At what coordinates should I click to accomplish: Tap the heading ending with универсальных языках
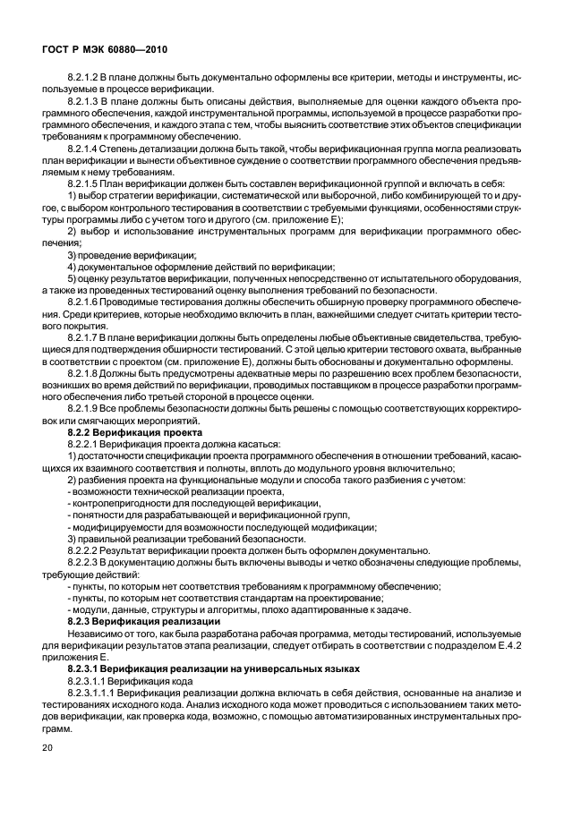214,668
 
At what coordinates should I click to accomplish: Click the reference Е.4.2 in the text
528,645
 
